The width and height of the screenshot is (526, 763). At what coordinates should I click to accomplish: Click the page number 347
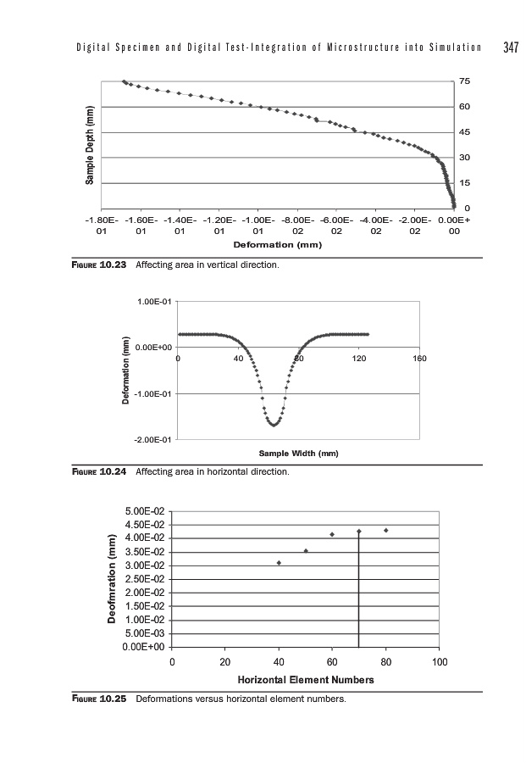[510, 47]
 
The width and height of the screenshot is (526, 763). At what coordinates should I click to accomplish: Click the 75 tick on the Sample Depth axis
[463, 81]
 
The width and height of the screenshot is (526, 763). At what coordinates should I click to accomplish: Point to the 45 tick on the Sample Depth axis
[463, 132]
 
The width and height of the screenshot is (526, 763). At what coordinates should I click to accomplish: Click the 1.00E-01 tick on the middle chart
[156, 301]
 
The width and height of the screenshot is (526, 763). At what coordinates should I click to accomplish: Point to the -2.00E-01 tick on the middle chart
[154, 440]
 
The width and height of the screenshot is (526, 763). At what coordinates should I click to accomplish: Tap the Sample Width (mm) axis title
[298, 454]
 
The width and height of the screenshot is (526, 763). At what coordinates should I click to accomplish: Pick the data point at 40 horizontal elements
[279, 563]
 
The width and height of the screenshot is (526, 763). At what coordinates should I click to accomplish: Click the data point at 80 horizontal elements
[386, 531]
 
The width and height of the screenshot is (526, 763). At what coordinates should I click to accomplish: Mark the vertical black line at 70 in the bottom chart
[359, 593]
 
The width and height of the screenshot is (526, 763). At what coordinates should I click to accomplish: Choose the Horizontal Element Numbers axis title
[306, 680]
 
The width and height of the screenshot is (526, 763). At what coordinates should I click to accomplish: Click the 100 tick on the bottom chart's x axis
[439, 661]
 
